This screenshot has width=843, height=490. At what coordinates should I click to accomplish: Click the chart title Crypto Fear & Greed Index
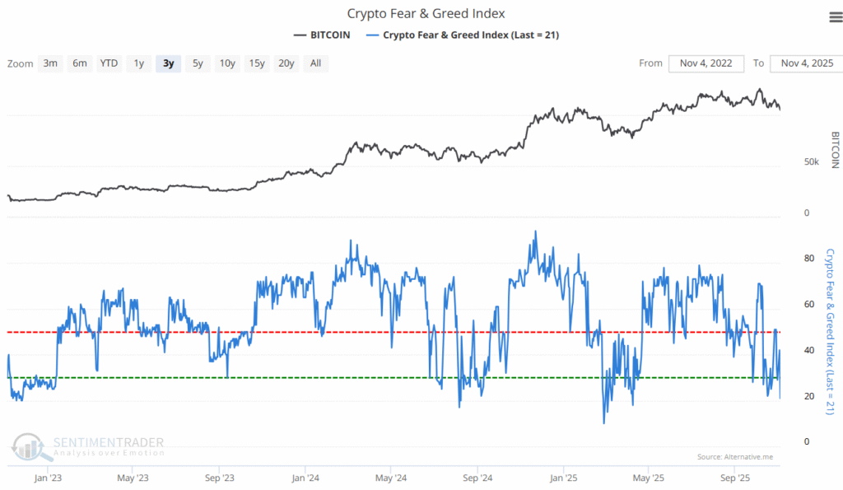(x=426, y=13)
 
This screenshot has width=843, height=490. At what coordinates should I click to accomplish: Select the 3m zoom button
(x=50, y=63)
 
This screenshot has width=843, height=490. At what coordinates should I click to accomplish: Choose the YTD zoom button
(x=109, y=63)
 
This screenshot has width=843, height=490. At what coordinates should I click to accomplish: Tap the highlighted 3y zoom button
(x=169, y=63)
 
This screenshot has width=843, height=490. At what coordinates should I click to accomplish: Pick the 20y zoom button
(x=286, y=63)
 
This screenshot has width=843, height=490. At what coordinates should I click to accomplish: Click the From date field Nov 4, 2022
(x=706, y=63)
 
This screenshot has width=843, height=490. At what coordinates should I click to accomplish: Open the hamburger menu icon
(x=834, y=16)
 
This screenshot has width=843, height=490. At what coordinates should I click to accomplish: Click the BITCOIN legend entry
(x=321, y=35)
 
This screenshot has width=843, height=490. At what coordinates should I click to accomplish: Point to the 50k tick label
(x=811, y=162)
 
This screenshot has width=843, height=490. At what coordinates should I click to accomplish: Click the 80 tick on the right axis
(x=809, y=259)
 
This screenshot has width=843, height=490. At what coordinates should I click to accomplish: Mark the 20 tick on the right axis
(x=809, y=396)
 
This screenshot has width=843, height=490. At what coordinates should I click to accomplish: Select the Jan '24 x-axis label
(x=305, y=478)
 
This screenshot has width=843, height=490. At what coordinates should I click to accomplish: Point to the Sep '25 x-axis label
(x=734, y=478)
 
